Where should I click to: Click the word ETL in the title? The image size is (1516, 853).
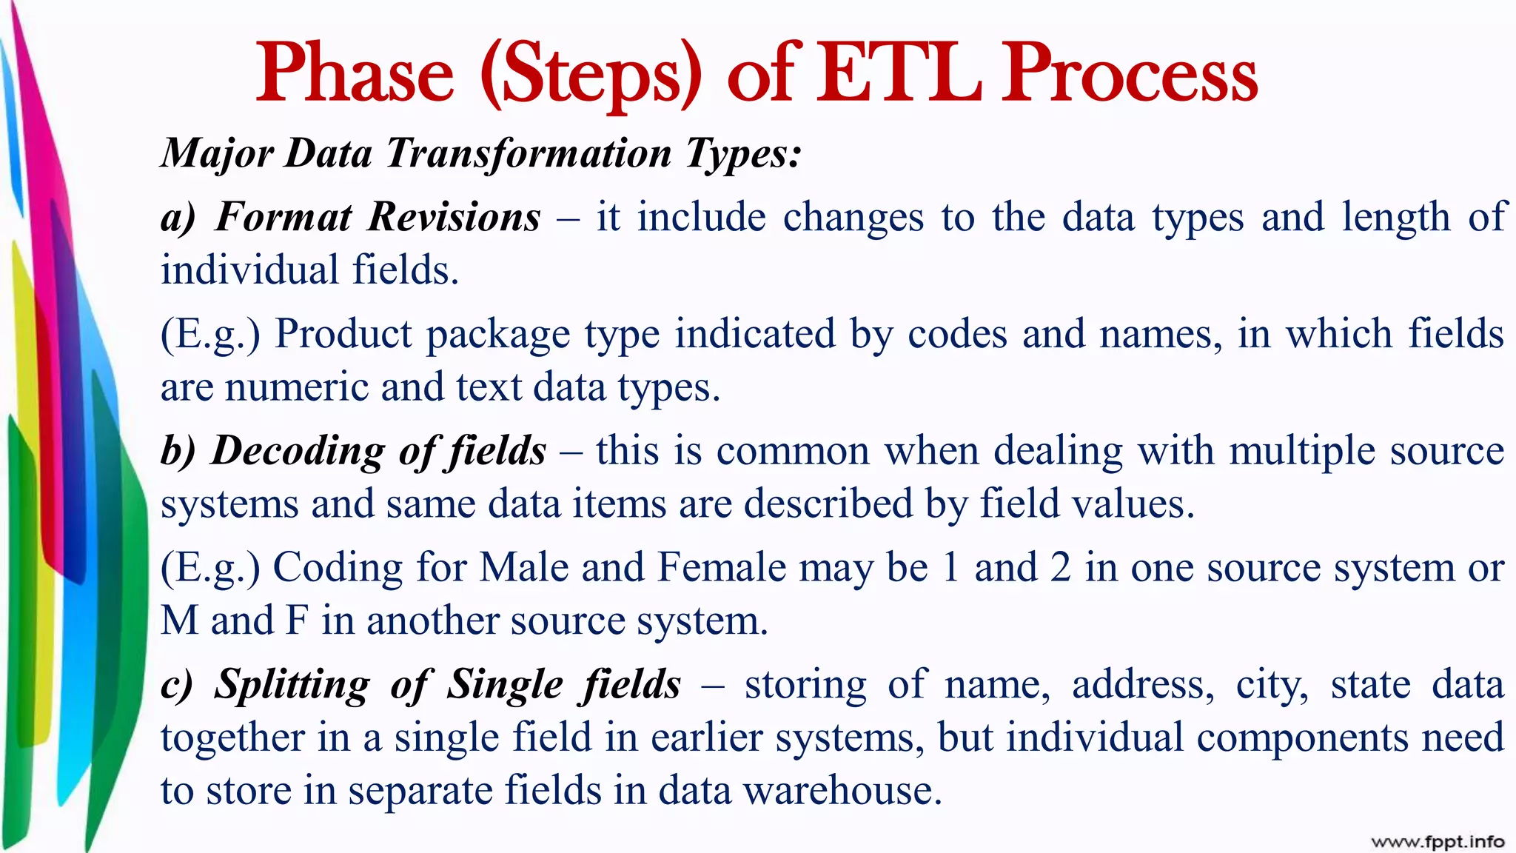click(899, 74)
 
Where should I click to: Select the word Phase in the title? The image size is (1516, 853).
click(355, 74)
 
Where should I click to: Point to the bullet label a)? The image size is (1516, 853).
click(178, 218)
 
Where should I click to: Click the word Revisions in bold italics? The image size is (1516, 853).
click(455, 218)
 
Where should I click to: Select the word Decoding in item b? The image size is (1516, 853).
click(298, 451)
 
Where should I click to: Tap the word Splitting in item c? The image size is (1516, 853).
click(292, 685)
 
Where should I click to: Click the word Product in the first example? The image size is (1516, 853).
click(343, 334)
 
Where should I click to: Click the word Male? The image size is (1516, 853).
click(524, 568)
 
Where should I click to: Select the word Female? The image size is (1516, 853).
click(722, 568)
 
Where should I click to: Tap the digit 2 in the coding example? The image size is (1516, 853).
click(1060, 568)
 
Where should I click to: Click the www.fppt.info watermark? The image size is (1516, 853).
click(1438, 842)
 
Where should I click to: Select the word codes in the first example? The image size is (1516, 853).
click(957, 334)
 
